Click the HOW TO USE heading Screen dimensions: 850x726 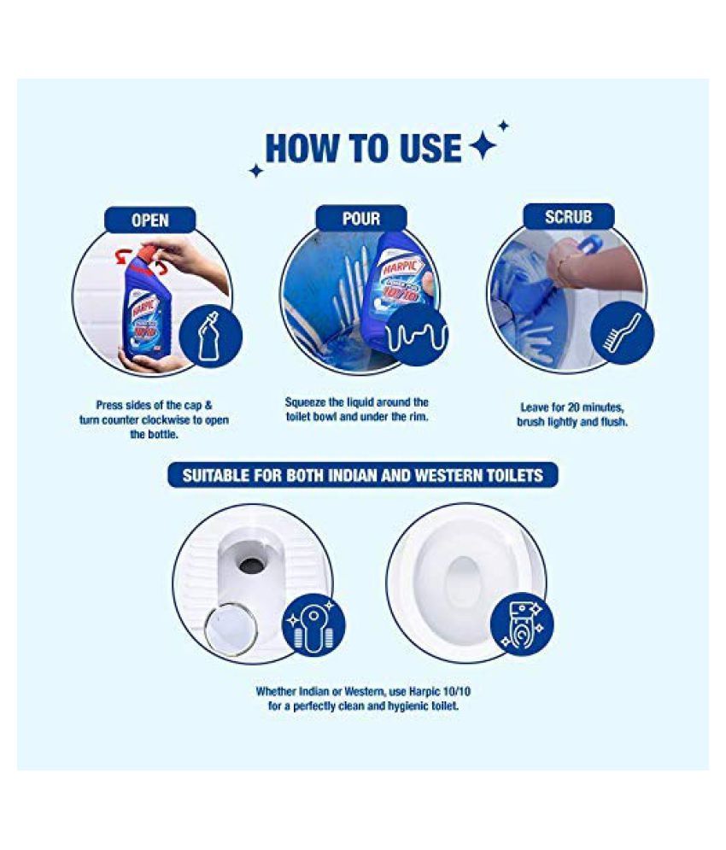362,148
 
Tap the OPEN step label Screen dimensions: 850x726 149,220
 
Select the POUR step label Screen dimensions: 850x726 360,219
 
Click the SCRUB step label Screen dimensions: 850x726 568,217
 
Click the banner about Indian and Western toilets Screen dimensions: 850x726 362,475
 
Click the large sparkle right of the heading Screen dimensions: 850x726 483,147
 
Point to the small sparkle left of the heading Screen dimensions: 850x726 255,171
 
